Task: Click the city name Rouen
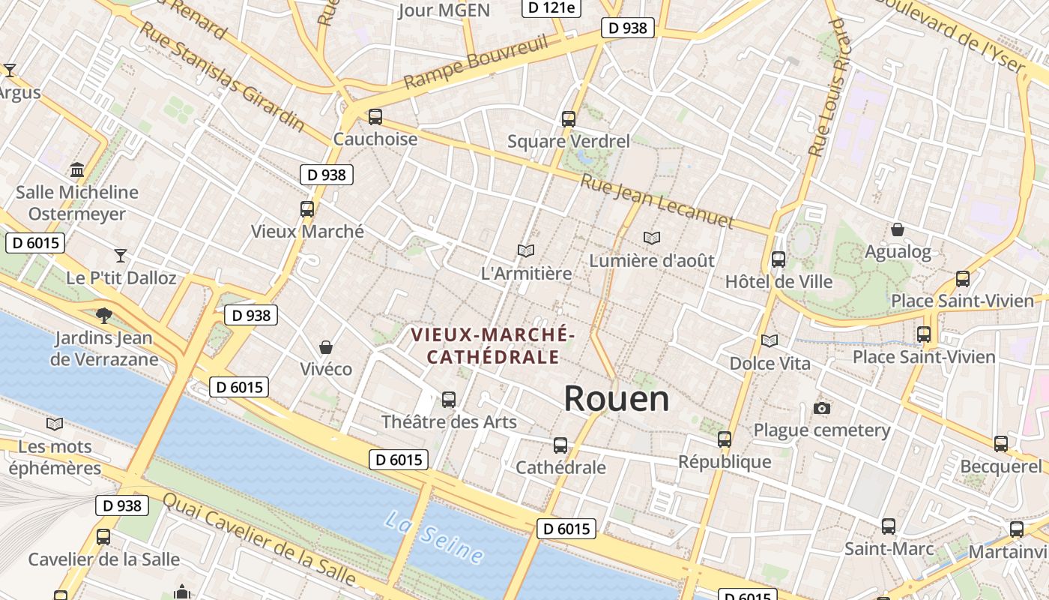coord(616,398)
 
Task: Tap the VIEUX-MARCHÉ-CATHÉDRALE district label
coord(493,345)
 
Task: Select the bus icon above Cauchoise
coord(375,117)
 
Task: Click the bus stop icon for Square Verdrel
coord(569,118)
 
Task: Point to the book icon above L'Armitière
coord(526,250)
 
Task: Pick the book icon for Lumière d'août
coord(652,238)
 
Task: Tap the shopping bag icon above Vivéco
coord(326,347)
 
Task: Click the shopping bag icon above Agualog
coord(898,229)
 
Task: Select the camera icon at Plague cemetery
coord(822,408)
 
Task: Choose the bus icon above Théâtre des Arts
coord(449,400)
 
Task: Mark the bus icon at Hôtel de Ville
coord(779,259)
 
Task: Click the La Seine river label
coord(435,537)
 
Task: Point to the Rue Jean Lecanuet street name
coord(657,201)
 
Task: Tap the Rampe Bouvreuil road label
coord(477,62)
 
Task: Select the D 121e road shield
coord(551,7)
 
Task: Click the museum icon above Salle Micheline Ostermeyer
coord(77,169)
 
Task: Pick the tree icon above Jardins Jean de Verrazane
coord(104,316)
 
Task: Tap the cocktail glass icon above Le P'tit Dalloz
coord(121,255)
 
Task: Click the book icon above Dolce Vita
coord(770,340)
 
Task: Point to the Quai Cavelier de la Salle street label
coord(259,538)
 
